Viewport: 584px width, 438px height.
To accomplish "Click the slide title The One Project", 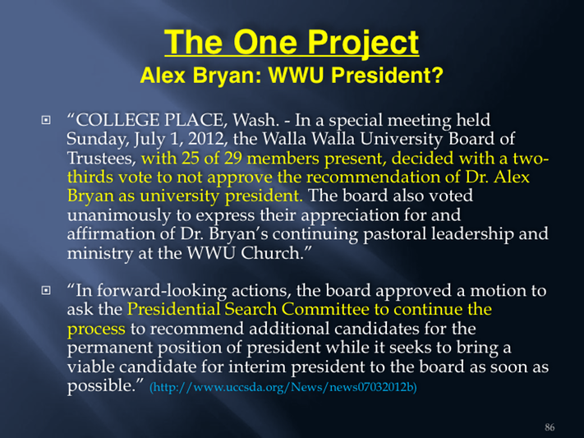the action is [x=292, y=42].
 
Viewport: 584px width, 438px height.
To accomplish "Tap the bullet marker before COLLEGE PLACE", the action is [x=46, y=120].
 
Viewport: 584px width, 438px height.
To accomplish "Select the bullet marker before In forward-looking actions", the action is [x=46, y=290].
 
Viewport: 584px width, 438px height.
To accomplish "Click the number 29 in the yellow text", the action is [x=233, y=158].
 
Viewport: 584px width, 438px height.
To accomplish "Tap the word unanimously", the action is [x=118, y=215].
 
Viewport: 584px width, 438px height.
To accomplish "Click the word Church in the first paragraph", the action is [x=270, y=253].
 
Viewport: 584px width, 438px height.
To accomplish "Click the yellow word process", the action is [x=96, y=330].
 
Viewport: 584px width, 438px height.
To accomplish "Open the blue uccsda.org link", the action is [x=283, y=387].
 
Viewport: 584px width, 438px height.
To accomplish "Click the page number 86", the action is [x=550, y=427].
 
